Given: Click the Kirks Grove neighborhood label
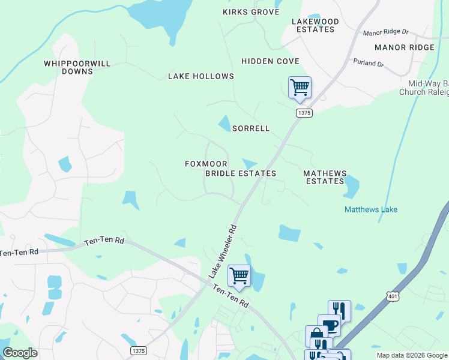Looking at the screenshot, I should pos(251,12).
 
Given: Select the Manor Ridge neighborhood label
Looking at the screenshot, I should pos(404,47).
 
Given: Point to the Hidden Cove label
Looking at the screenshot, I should pos(270,61).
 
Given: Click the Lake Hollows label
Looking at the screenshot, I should pos(200,76).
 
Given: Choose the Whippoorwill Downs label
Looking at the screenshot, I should pos(68,67).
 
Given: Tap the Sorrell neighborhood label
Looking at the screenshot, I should pos(251,128).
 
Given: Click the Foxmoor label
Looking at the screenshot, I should pos(206,164).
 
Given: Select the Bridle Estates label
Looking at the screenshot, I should pos(241,173).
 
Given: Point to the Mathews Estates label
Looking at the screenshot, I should pos(325,177).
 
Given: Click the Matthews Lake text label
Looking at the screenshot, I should pos(371,209).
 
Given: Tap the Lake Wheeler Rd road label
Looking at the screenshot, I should pos(223,251).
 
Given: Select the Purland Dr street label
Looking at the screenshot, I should pos(369,62).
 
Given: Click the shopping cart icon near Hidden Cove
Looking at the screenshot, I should pos(300,87).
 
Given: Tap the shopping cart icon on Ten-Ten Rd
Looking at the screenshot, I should pos(239,276).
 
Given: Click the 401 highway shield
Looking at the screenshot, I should pos(392,296).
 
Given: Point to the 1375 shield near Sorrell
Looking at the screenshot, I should pos(304,113).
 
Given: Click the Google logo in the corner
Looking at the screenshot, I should pos(20,352).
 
